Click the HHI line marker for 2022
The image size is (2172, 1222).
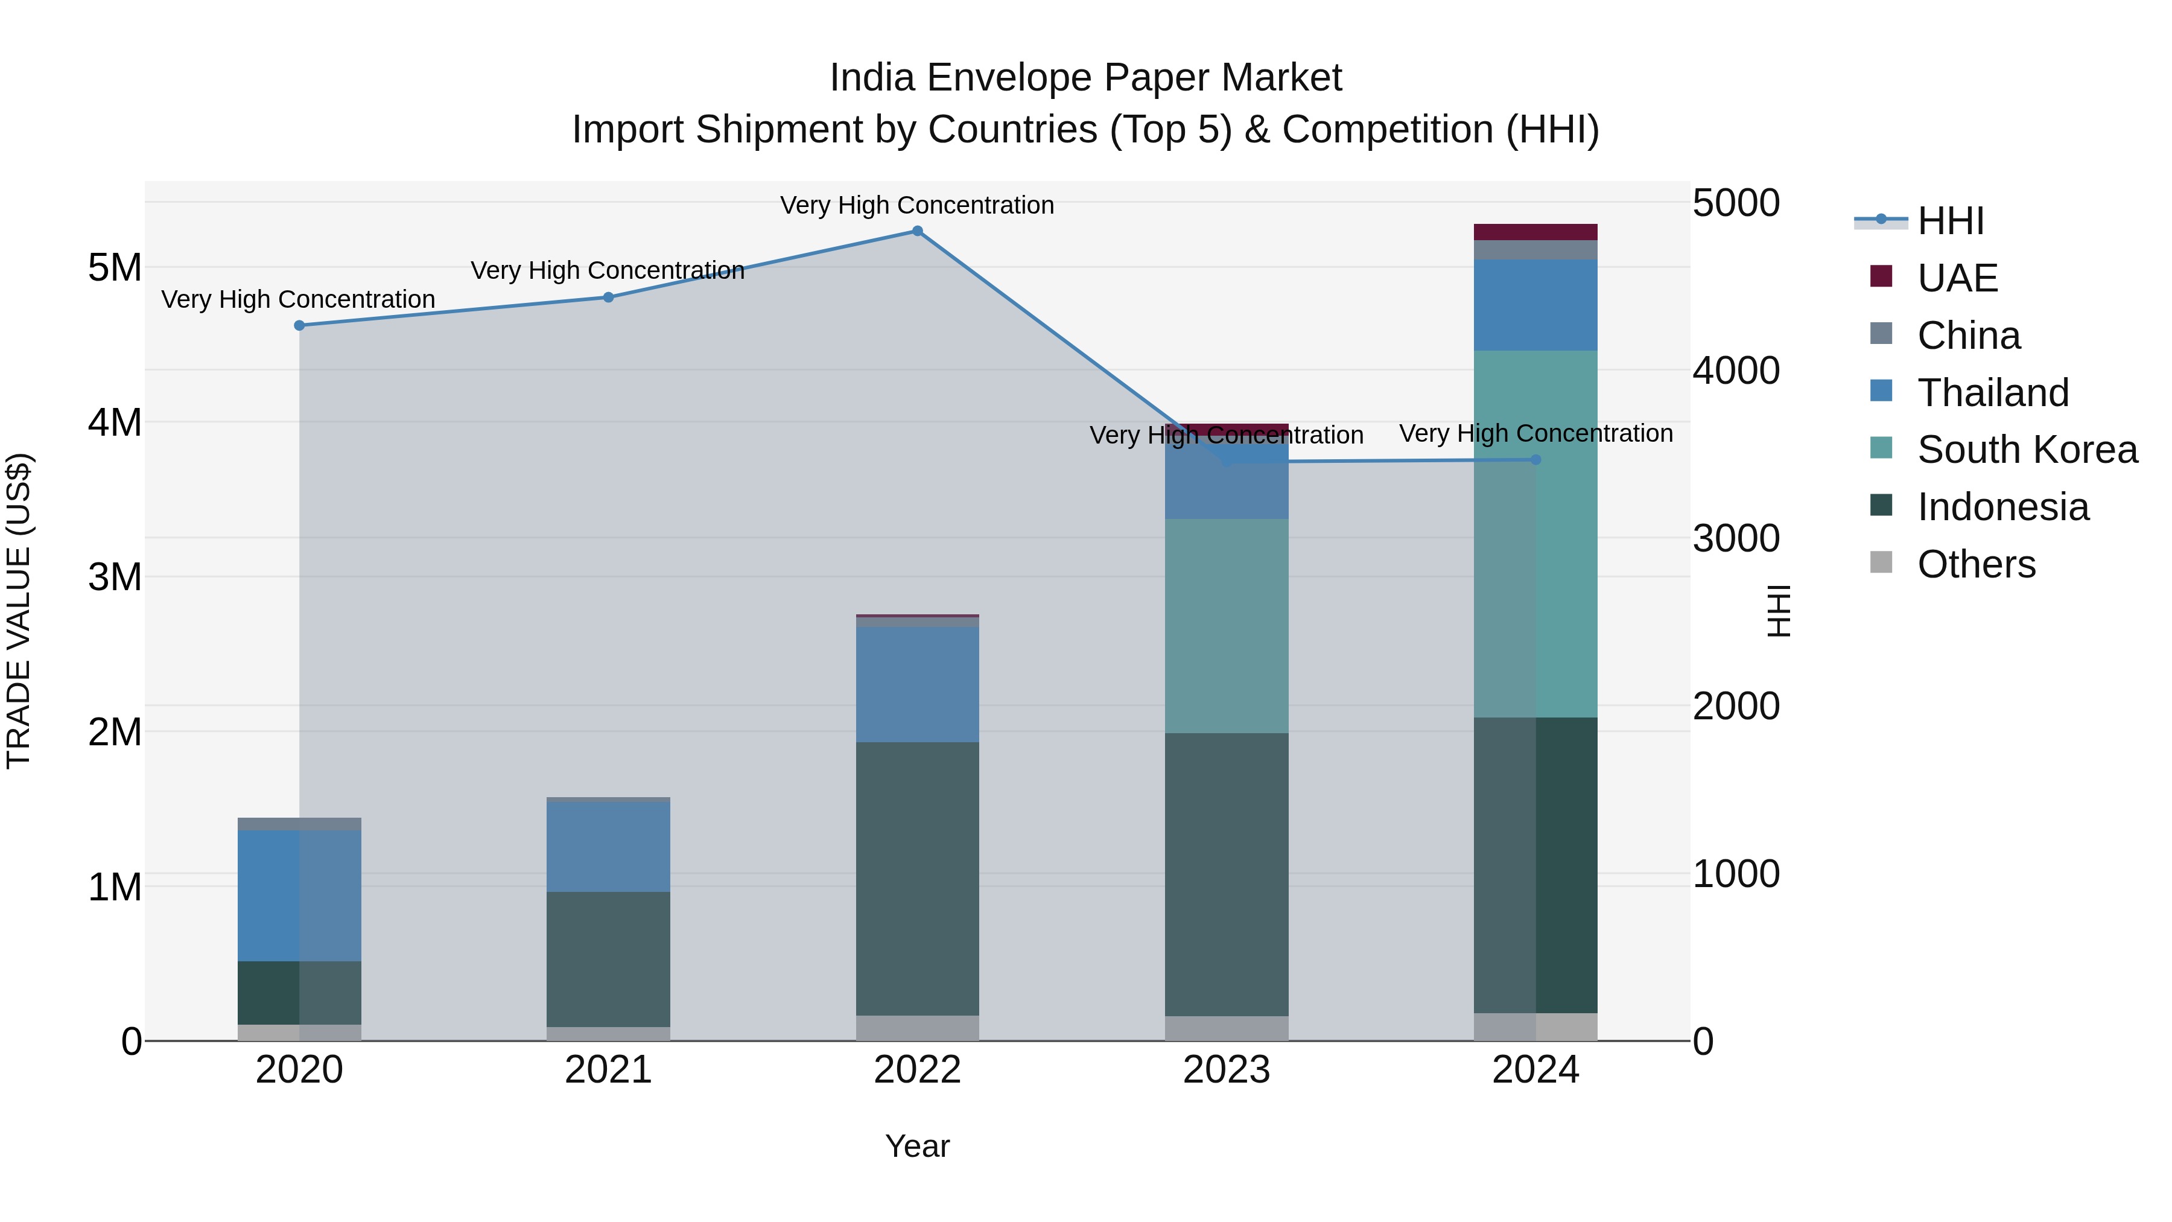(917, 231)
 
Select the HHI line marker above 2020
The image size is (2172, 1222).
(299, 325)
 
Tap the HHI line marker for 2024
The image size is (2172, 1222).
(1535, 460)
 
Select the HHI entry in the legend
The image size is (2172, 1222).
(1949, 221)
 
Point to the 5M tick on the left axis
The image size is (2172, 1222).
(115, 268)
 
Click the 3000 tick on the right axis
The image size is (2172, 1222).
(1735, 539)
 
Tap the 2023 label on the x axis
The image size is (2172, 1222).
(1226, 1070)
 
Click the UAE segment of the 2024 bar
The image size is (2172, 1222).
(1535, 232)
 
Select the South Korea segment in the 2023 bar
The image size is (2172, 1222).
(1226, 626)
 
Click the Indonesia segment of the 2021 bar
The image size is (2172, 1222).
(608, 959)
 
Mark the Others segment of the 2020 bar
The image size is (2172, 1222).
(299, 1033)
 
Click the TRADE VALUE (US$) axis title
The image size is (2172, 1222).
(19, 611)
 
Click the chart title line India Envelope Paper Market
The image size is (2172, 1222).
(1085, 78)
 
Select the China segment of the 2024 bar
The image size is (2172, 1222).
(1535, 250)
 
